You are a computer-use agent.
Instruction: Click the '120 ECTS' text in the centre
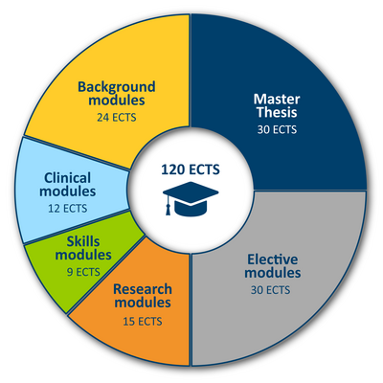coord(191,169)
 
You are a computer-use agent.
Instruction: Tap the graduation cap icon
coord(191,198)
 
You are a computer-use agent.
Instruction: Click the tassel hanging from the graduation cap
coord(168,206)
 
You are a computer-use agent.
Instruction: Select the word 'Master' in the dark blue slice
coord(277,100)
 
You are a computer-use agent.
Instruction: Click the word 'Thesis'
coord(277,112)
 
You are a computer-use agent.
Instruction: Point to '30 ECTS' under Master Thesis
coord(277,130)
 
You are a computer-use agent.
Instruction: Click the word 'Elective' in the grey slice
coord(273,259)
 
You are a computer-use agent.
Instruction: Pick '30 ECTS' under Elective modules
coord(270,290)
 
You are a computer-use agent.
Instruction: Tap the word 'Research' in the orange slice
coord(143,289)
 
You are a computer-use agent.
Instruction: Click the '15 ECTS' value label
coord(143,322)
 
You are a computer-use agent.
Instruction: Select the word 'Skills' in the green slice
coord(83,241)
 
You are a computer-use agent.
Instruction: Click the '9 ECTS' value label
coord(83,272)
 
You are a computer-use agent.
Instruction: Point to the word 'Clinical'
coord(67,178)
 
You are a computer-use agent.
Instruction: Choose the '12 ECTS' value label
coord(67,209)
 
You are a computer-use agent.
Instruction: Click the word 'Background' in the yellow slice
coord(117,87)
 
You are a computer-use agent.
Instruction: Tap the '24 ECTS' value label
coord(117,118)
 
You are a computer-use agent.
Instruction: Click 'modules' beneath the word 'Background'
coord(117,100)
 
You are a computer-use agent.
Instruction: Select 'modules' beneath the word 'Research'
coord(143,303)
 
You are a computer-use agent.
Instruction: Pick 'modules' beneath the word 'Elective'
coord(273,273)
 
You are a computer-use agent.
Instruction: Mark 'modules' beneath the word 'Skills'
coord(83,255)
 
